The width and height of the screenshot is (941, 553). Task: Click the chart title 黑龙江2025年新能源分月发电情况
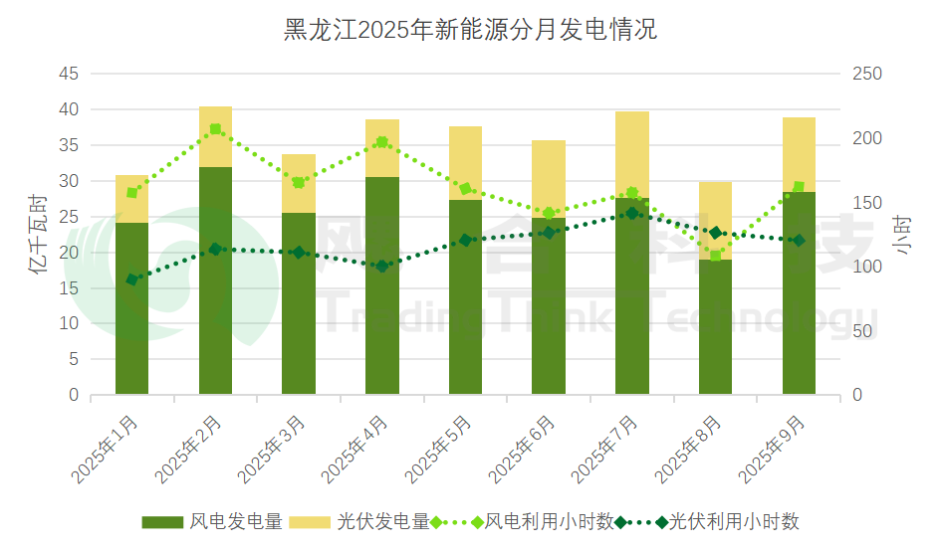point(470,29)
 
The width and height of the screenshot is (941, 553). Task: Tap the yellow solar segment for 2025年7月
point(632,154)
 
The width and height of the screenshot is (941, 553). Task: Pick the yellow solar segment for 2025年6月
point(549,179)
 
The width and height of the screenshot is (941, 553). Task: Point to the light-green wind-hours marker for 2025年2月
point(215,129)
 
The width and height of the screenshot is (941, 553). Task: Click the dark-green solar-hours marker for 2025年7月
point(632,213)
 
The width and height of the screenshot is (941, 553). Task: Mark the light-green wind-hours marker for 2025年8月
point(715,256)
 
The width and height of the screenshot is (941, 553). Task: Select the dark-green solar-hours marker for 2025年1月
point(132,279)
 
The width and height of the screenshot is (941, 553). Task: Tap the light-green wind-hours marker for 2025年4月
point(381,142)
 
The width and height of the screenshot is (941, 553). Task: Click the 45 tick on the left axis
point(69,74)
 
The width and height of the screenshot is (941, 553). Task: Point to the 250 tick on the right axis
point(868,74)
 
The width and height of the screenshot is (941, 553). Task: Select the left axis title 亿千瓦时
point(37,235)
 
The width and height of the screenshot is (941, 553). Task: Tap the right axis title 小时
point(902,235)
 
